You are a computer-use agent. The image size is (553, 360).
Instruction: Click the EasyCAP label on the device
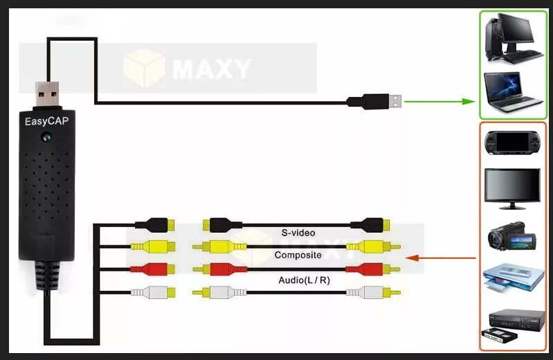[46, 121]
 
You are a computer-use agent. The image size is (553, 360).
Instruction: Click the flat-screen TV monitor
[513, 188]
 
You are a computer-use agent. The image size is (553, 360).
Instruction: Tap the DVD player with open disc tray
[513, 280]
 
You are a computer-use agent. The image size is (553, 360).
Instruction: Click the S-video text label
[298, 233]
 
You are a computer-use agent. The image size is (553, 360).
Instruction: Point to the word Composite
[298, 255]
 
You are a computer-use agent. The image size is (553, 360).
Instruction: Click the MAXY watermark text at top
[211, 69]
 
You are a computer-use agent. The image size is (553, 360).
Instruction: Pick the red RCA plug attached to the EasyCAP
[154, 269]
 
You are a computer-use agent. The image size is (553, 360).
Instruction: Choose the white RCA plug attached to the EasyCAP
[154, 291]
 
